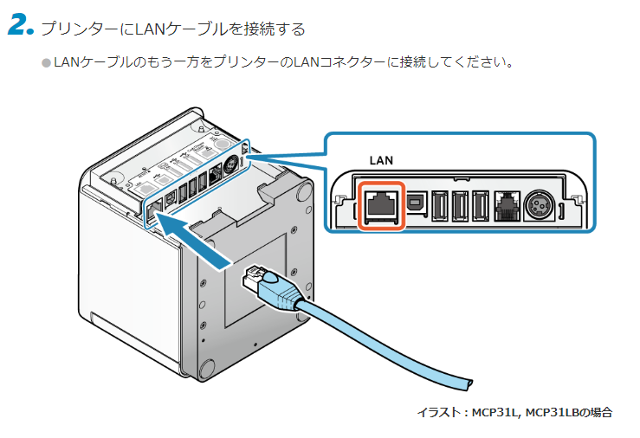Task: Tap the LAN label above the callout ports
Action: [x=381, y=160]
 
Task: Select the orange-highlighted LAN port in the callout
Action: [x=381, y=204]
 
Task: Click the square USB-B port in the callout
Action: [x=417, y=205]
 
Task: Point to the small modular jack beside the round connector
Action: [x=504, y=206]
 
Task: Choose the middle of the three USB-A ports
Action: [x=459, y=206]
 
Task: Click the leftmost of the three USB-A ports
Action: [x=439, y=206]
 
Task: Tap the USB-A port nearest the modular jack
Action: [x=479, y=206]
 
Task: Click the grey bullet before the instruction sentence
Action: [x=47, y=62]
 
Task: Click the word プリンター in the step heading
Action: [x=73, y=29]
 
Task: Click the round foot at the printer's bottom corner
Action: [x=210, y=369]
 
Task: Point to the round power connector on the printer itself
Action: [x=231, y=167]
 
